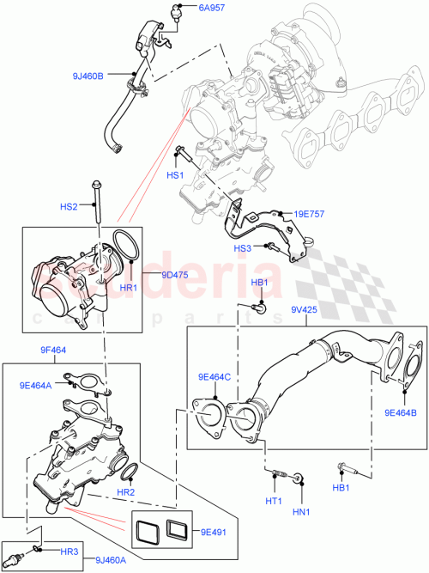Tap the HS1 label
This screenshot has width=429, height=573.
176,175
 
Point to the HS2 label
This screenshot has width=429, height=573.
69,207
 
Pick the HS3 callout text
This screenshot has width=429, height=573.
243,248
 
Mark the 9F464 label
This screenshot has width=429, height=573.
54,351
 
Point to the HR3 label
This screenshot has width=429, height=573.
69,550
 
